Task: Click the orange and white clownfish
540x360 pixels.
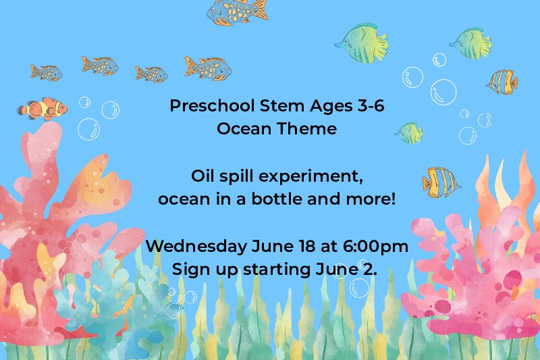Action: point(42,109)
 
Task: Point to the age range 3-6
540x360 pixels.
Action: point(371,106)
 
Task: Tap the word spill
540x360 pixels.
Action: point(238,177)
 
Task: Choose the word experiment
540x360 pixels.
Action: point(311,177)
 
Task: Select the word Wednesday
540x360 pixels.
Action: point(196,246)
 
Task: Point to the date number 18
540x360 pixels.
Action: point(307,246)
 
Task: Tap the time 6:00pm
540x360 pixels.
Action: point(375,247)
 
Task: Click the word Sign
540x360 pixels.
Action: point(191,269)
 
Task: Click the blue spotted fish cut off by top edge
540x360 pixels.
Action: point(237,11)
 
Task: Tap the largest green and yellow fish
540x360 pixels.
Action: point(362,43)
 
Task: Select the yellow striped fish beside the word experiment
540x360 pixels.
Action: point(441,182)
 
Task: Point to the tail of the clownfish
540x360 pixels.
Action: point(24,110)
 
